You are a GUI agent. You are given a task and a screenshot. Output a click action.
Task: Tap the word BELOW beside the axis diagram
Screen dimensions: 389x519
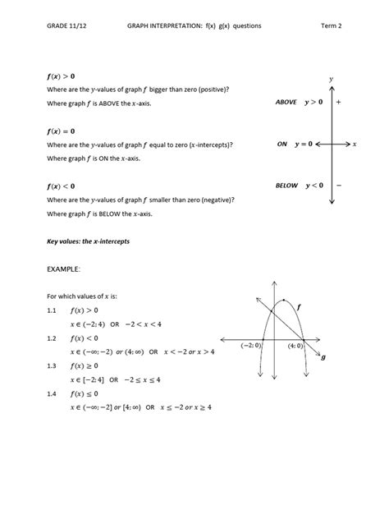pyautogui.click(x=286, y=186)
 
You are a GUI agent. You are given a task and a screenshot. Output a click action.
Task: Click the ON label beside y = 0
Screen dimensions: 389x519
pyautogui.click(x=282, y=144)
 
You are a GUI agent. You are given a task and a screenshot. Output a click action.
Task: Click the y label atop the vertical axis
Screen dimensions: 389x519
pyautogui.click(x=330, y=79)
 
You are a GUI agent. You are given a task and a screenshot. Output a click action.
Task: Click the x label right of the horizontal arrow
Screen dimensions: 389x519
pyautogui.click(x=355, y=144)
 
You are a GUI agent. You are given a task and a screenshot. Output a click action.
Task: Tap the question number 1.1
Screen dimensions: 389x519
pyautogui.click(x=51, y=311)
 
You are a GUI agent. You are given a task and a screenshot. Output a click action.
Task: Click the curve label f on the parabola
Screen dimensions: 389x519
pyautogui.click(x=299, y=306)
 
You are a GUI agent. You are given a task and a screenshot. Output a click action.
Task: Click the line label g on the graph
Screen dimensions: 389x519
pyautogui.click(x=323, y=357)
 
